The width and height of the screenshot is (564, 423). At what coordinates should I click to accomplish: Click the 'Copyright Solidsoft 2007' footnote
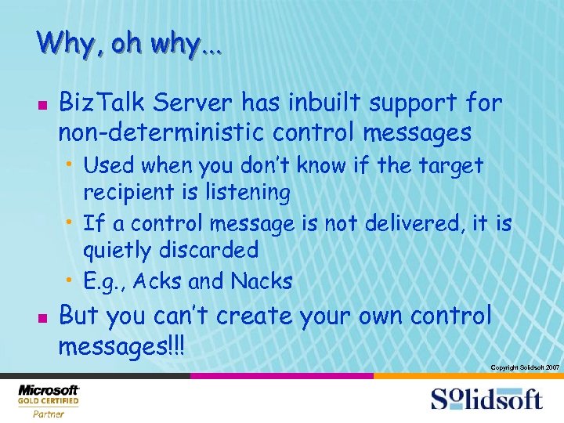(x=524, y=367)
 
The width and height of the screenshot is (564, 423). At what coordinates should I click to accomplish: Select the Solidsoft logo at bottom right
(x=486, y=399)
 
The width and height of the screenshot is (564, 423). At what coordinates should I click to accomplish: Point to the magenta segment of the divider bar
(x=281, y=376)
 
